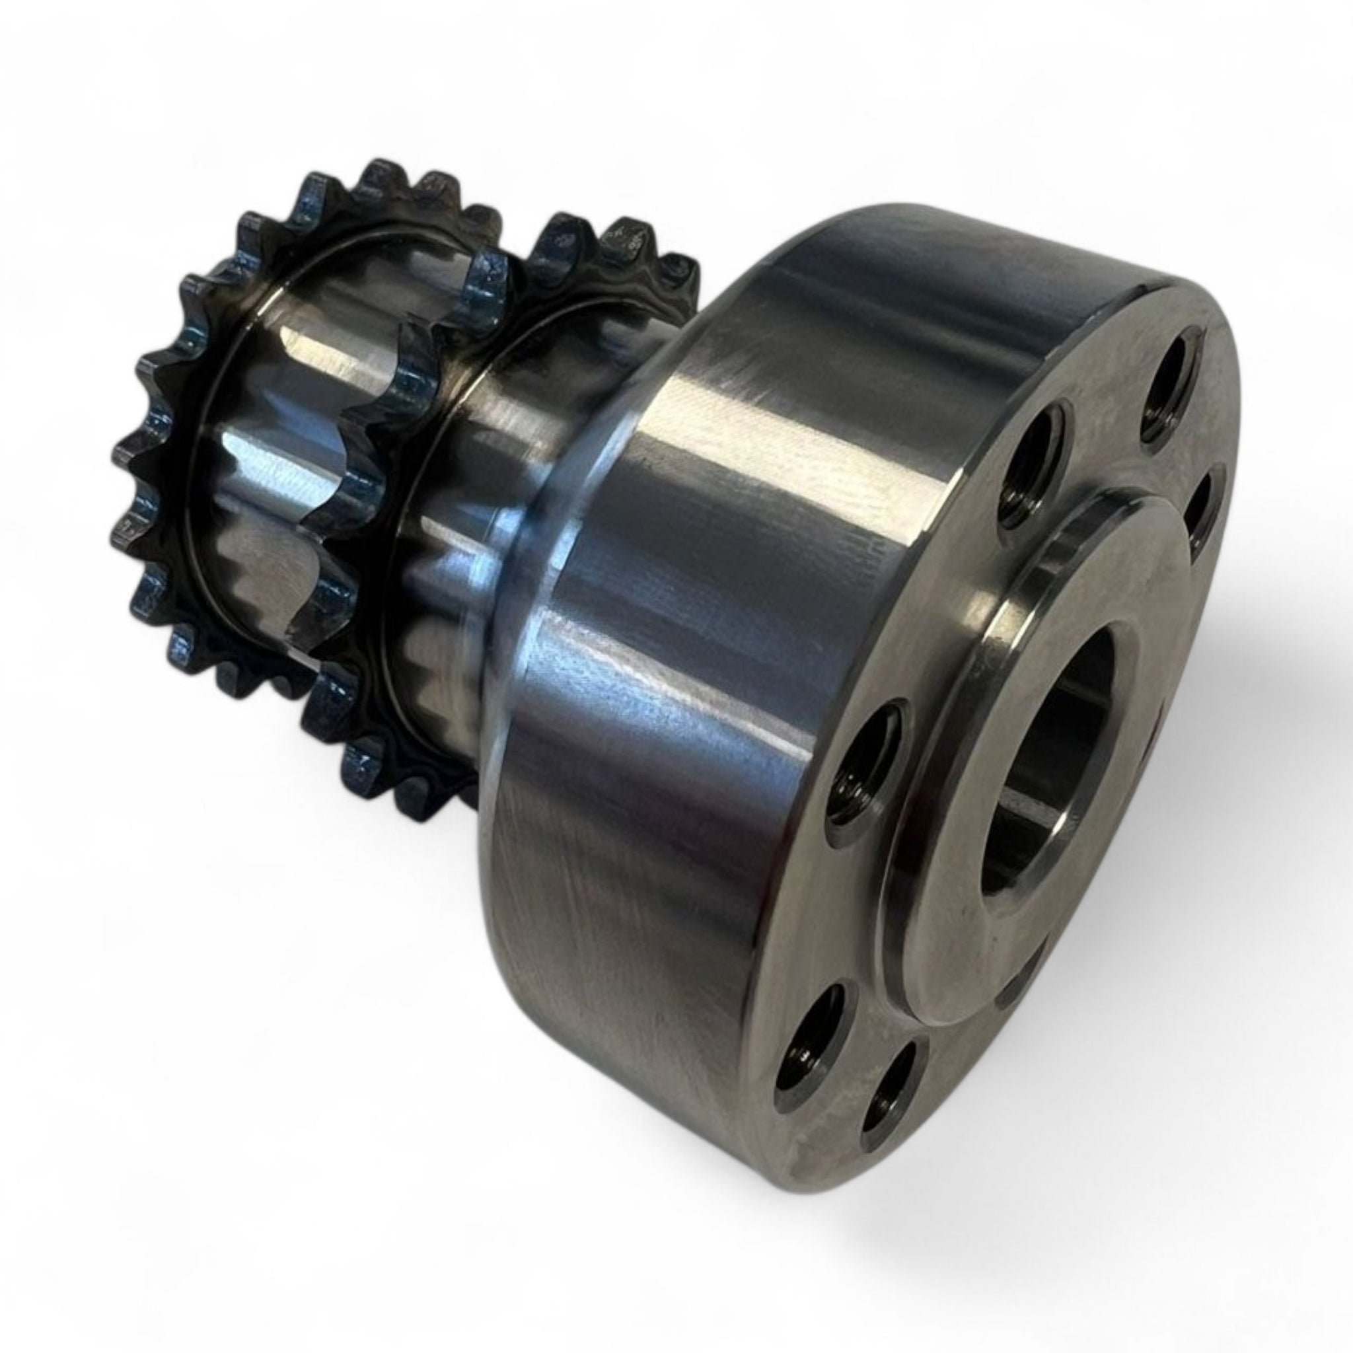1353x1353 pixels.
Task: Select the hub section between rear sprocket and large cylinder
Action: pyautogui.click(x=490, y=490)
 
